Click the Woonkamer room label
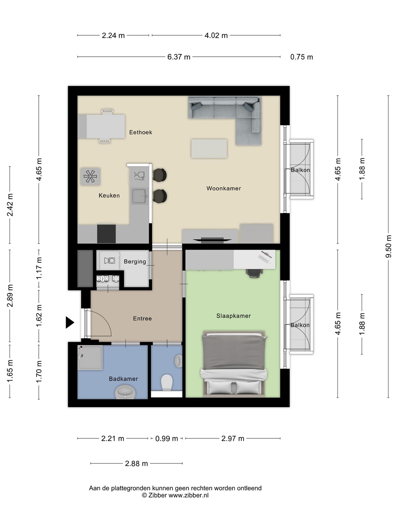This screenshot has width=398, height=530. coord(224,188)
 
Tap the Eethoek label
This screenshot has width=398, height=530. coord(141,132)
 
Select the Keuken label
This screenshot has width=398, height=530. coord(109,195)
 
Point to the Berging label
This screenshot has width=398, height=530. coord(135,261)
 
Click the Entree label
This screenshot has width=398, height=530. coord(142,318)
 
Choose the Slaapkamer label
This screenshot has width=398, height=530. coord(233,316)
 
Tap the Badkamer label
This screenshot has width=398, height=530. coord(123,379)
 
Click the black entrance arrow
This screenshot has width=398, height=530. coord(70,322)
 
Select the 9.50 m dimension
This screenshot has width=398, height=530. coord(388,246)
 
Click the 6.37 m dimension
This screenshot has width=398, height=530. coord(179,57)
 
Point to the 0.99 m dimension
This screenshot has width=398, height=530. coord(167,438)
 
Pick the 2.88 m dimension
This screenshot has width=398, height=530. coord(136,464)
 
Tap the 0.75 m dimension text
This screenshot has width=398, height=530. coord(301,57)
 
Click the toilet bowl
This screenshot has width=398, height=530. coord(167,382)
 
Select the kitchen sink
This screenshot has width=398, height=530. coord(139,196)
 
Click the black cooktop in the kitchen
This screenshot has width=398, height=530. coord(107,234)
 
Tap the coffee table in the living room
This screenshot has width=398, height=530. coord(209,149)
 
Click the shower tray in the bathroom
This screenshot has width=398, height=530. coord(90,357)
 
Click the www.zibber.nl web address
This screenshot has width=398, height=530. coord(188,495)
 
